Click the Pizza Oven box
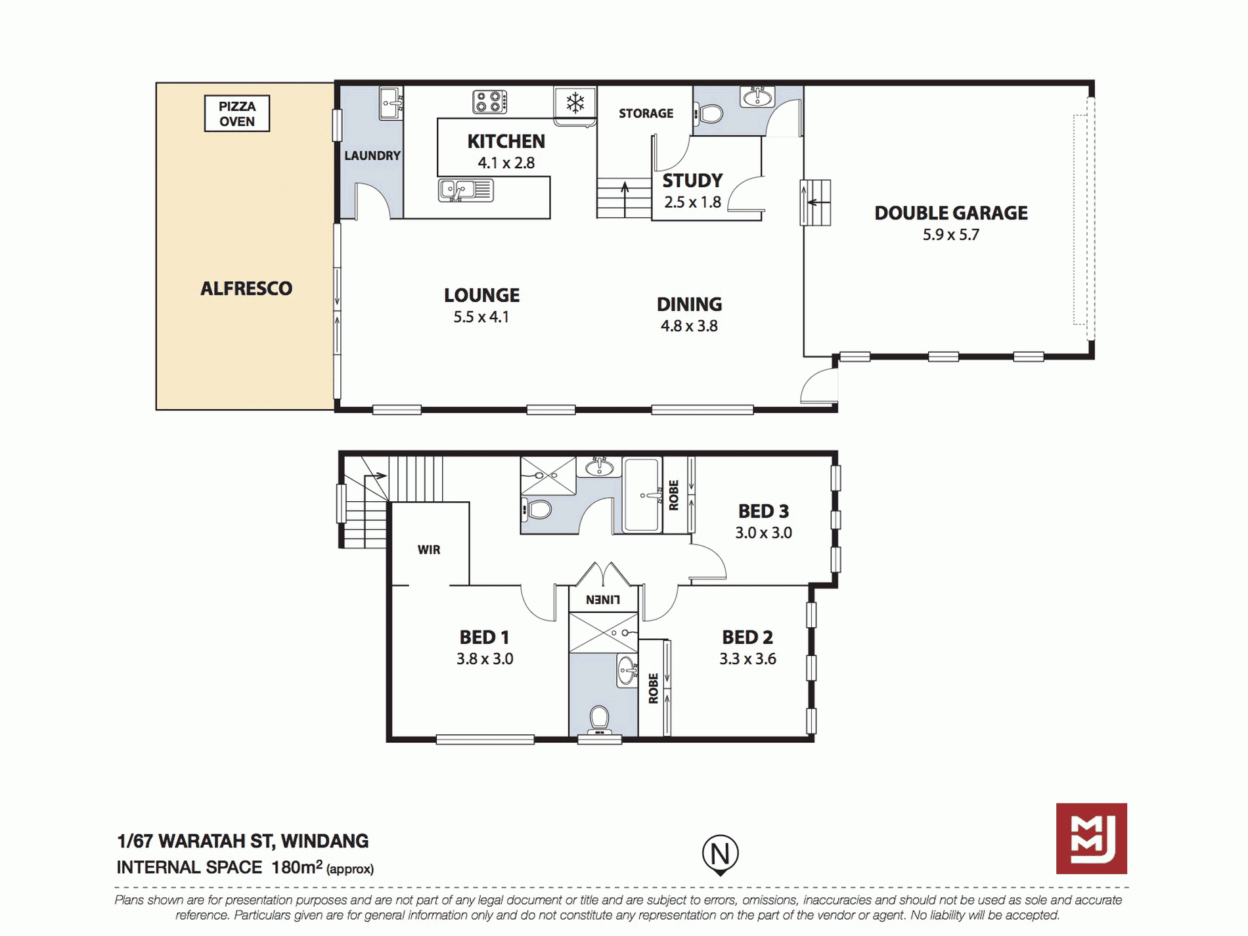tap(236, 114)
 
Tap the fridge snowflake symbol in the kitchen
tap(575, 102)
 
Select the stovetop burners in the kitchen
tap(489, 102)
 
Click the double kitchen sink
tap(465, 190)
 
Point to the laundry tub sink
tap(391, 103)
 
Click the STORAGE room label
tap(646, 114)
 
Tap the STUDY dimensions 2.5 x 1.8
tap(692, 202)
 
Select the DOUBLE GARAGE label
tap(950, 213)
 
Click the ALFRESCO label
tap(246, 288)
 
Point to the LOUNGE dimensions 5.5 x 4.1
tap(481, 317)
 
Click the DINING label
tap(689, 304)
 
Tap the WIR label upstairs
tap(429, 550)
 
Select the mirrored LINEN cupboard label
tap(603, 600)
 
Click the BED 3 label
tap(763, 511)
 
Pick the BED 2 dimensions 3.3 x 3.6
tap(747, 659)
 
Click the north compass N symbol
tap(721, 854)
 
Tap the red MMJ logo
tap(1092, 838)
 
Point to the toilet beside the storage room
tap(708, 114)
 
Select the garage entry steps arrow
tap(815, 202)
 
